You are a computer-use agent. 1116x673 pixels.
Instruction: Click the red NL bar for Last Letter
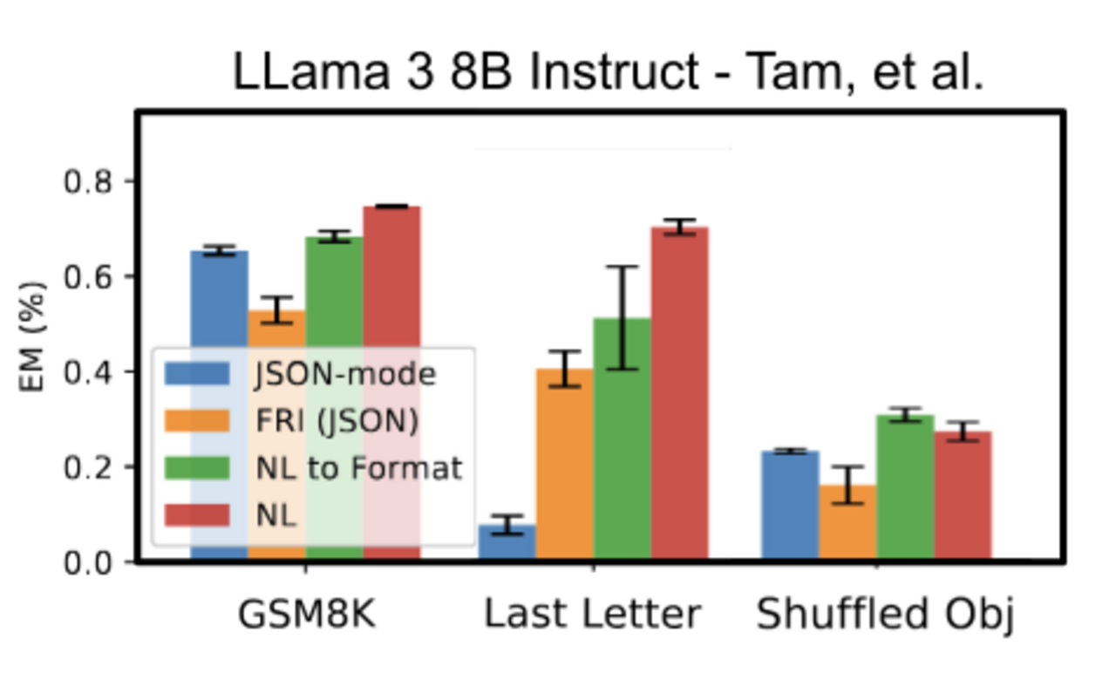tap(679, 392)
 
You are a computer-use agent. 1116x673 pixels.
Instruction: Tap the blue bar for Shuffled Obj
tap(790, 506)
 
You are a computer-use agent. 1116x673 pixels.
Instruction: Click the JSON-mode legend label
tap(344, 374)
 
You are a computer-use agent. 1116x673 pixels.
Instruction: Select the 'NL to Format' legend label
tap(357, 468)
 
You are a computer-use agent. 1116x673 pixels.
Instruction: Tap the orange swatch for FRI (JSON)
tap(198, 421)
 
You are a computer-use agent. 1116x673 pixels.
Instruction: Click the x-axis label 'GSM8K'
tap(306, 615)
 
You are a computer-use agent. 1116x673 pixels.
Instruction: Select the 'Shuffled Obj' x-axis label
tap(884, 615)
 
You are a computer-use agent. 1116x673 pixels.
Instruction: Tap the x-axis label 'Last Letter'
tap(592, 615)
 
